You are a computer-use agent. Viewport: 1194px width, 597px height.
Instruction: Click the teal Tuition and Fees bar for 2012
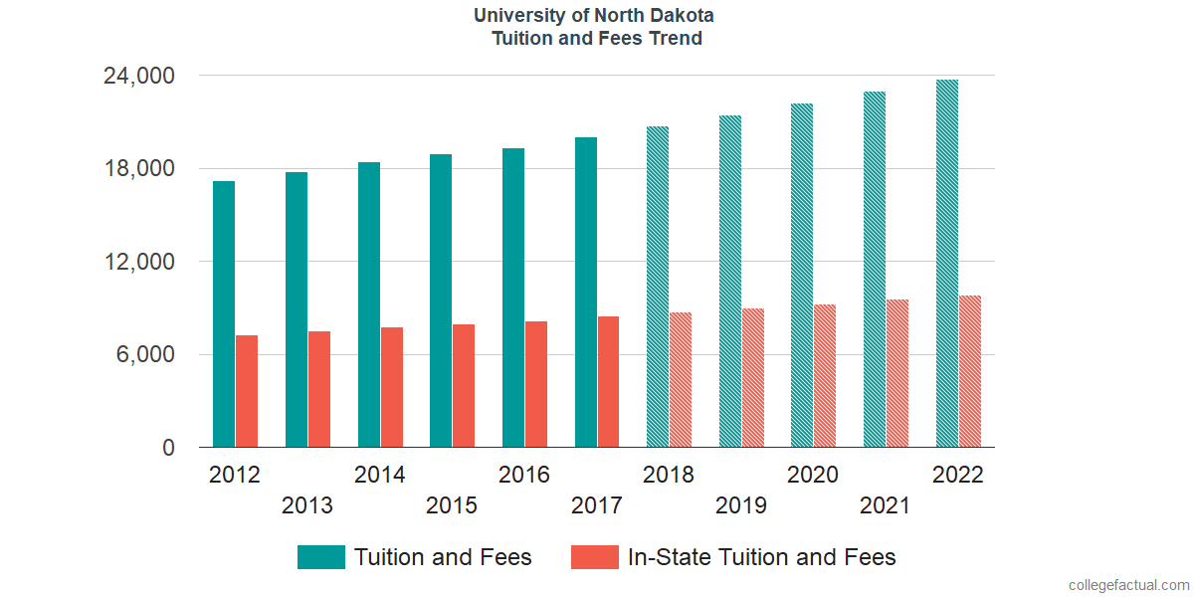(224, 314)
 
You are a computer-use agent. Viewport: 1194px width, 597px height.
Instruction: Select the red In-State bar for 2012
(247, 391)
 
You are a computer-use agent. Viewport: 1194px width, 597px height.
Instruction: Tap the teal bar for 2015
(441, 300)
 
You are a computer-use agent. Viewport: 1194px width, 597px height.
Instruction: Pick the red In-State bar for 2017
(608, 382)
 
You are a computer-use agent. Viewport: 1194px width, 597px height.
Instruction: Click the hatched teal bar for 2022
(947, 264)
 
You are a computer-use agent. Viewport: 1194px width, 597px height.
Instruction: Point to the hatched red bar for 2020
(825, 376)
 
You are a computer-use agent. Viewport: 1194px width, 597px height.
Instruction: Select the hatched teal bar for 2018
(658, 287)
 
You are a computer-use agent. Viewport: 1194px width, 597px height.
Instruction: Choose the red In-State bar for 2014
(392, 387)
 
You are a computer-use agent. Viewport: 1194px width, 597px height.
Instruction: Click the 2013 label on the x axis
(307, 505)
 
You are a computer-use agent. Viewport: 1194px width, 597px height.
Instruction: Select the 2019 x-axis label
(741, 505)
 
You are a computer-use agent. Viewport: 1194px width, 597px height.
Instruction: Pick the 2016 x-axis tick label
(524, 475)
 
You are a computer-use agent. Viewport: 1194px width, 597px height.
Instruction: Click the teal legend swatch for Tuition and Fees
(320, 557)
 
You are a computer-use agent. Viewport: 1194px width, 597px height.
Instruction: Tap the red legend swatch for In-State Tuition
(594, 557)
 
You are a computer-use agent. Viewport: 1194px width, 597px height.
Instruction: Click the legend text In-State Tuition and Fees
(761, 557)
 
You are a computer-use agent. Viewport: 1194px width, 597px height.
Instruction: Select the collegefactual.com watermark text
(1128, 585)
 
